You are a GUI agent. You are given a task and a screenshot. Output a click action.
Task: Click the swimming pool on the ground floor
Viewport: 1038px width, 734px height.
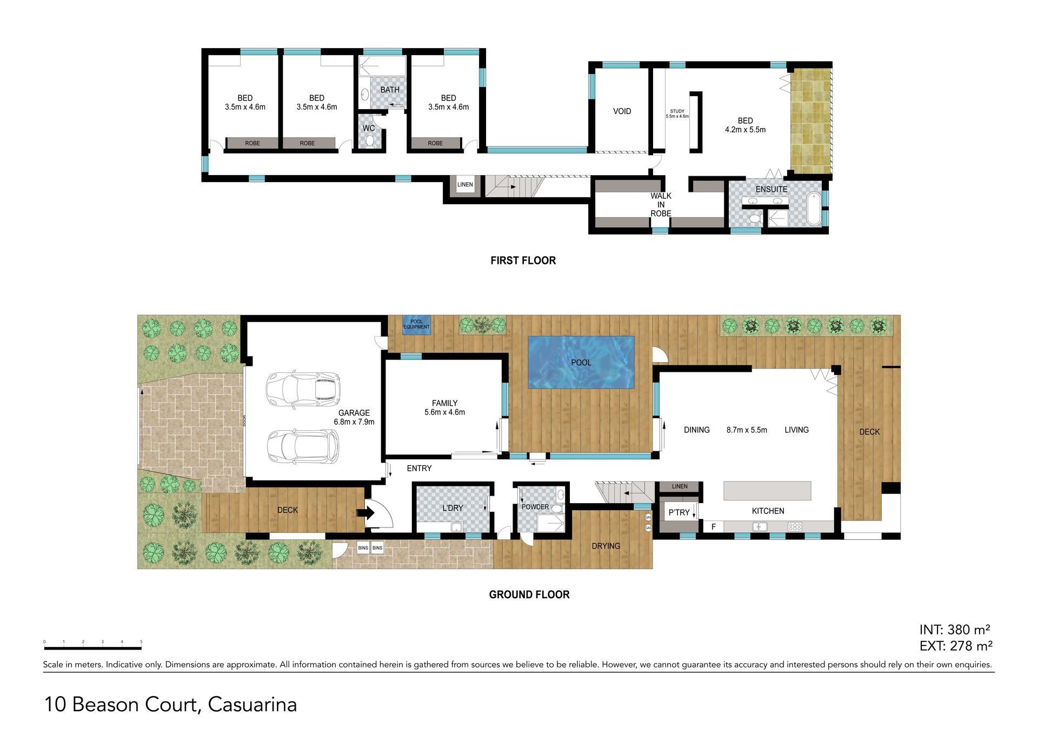coord(581,362)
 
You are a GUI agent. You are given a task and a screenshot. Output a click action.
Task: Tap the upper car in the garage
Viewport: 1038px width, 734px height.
coord(303,389)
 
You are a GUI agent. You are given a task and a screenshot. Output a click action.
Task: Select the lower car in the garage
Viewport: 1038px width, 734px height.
coord(303,446)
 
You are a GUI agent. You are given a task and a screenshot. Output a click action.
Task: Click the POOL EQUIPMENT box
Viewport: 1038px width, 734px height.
coord(416,324)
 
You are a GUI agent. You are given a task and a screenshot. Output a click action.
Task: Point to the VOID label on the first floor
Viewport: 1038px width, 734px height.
coord(622,111)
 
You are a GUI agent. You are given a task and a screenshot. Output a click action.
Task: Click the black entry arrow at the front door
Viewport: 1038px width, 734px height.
coord(369,512)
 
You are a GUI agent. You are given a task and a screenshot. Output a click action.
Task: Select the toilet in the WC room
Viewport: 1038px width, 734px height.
coord(370,141)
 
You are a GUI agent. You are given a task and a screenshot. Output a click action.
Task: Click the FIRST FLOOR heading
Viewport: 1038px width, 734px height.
coord(523,261)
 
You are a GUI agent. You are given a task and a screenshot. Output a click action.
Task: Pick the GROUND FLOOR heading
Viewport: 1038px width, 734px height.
coord(529,595)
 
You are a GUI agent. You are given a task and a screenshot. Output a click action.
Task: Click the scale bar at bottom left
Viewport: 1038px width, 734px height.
coord(92,647)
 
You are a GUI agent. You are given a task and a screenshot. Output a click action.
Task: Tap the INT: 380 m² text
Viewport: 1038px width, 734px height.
coord(955,630)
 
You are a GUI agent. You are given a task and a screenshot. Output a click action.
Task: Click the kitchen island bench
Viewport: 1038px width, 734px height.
coord(767,491)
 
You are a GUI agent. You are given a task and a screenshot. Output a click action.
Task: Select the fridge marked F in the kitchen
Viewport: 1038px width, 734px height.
coord(713,526)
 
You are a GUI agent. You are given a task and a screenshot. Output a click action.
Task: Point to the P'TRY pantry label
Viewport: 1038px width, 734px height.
coord(679,512)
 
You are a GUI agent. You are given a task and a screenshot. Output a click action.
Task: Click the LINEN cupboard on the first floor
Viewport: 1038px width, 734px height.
coord(465,184)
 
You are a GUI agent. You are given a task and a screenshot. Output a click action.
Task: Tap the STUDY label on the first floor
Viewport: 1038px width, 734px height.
coord(677,111)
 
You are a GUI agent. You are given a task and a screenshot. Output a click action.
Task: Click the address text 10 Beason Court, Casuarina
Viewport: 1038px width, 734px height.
coord(170,705)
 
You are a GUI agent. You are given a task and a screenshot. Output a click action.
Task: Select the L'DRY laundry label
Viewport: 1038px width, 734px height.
coord(453,508)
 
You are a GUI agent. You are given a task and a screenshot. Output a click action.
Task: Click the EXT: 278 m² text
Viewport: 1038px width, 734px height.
coord(956,646)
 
